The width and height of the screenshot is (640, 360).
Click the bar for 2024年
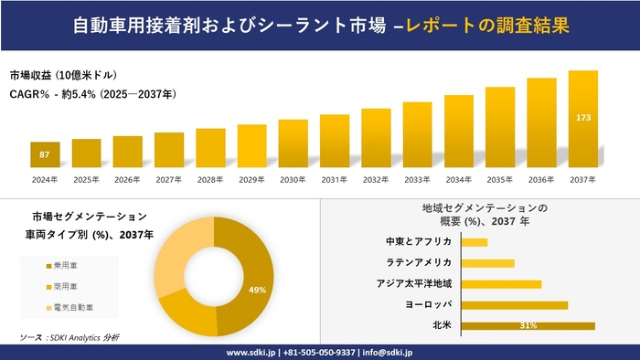45,155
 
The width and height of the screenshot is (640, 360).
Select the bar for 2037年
582,119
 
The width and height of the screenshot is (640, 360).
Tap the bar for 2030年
293,143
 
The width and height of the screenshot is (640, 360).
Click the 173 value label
582,118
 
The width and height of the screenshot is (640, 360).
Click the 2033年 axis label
417,180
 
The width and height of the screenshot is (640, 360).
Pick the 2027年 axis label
169,180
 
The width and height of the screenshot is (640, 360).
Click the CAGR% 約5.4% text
92,94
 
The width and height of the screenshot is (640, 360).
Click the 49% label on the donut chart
257,290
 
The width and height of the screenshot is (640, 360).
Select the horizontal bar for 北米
528,325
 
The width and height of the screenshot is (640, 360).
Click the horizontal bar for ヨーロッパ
515,304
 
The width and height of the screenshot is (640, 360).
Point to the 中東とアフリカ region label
419,242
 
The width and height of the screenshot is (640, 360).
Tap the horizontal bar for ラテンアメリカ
488,263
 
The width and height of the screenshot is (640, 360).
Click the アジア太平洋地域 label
414,284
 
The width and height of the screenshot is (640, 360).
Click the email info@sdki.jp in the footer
389,352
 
